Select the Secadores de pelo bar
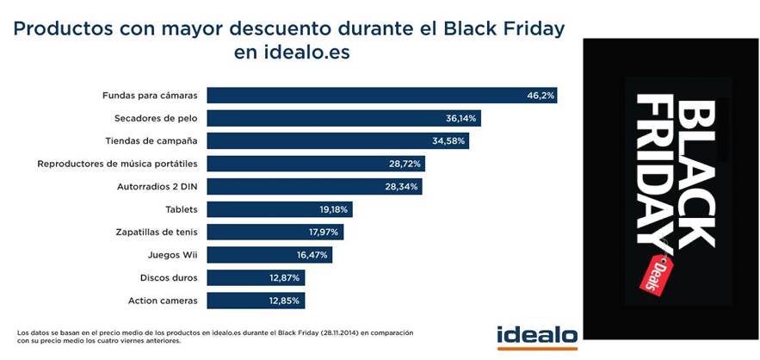point(343,118)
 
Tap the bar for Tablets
point(280,209)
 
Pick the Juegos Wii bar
point(269,255)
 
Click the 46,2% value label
point(540,95)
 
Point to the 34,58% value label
point(449,140)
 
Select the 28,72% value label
point(405,164)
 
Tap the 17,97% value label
point(324,232)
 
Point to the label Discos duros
point(169,278)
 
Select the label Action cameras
point(163,301)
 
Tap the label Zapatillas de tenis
point(157,232)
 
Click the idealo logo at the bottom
point(536,335)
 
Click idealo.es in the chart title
point(293,53)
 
